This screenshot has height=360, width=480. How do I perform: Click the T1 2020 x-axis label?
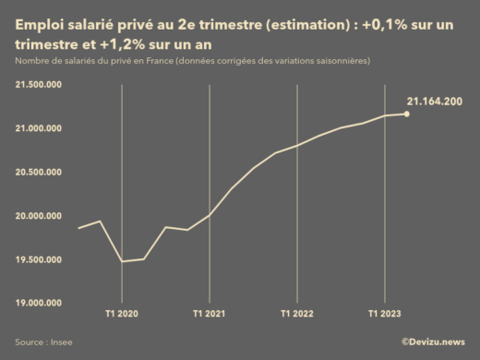(x=122, y=314)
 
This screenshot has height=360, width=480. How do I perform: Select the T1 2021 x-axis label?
(x=210, y=314)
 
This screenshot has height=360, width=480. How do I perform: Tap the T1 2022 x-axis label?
(x=297, y=314)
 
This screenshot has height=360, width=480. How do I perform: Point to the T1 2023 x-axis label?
(x=385, y=314)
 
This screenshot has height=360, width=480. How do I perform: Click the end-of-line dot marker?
(x=407, y=114)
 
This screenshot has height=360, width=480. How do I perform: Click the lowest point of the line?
(x=122, y=261)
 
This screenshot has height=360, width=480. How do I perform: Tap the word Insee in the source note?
(x=61, y=342)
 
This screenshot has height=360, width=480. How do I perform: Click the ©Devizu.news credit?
(x=433, y=342)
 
